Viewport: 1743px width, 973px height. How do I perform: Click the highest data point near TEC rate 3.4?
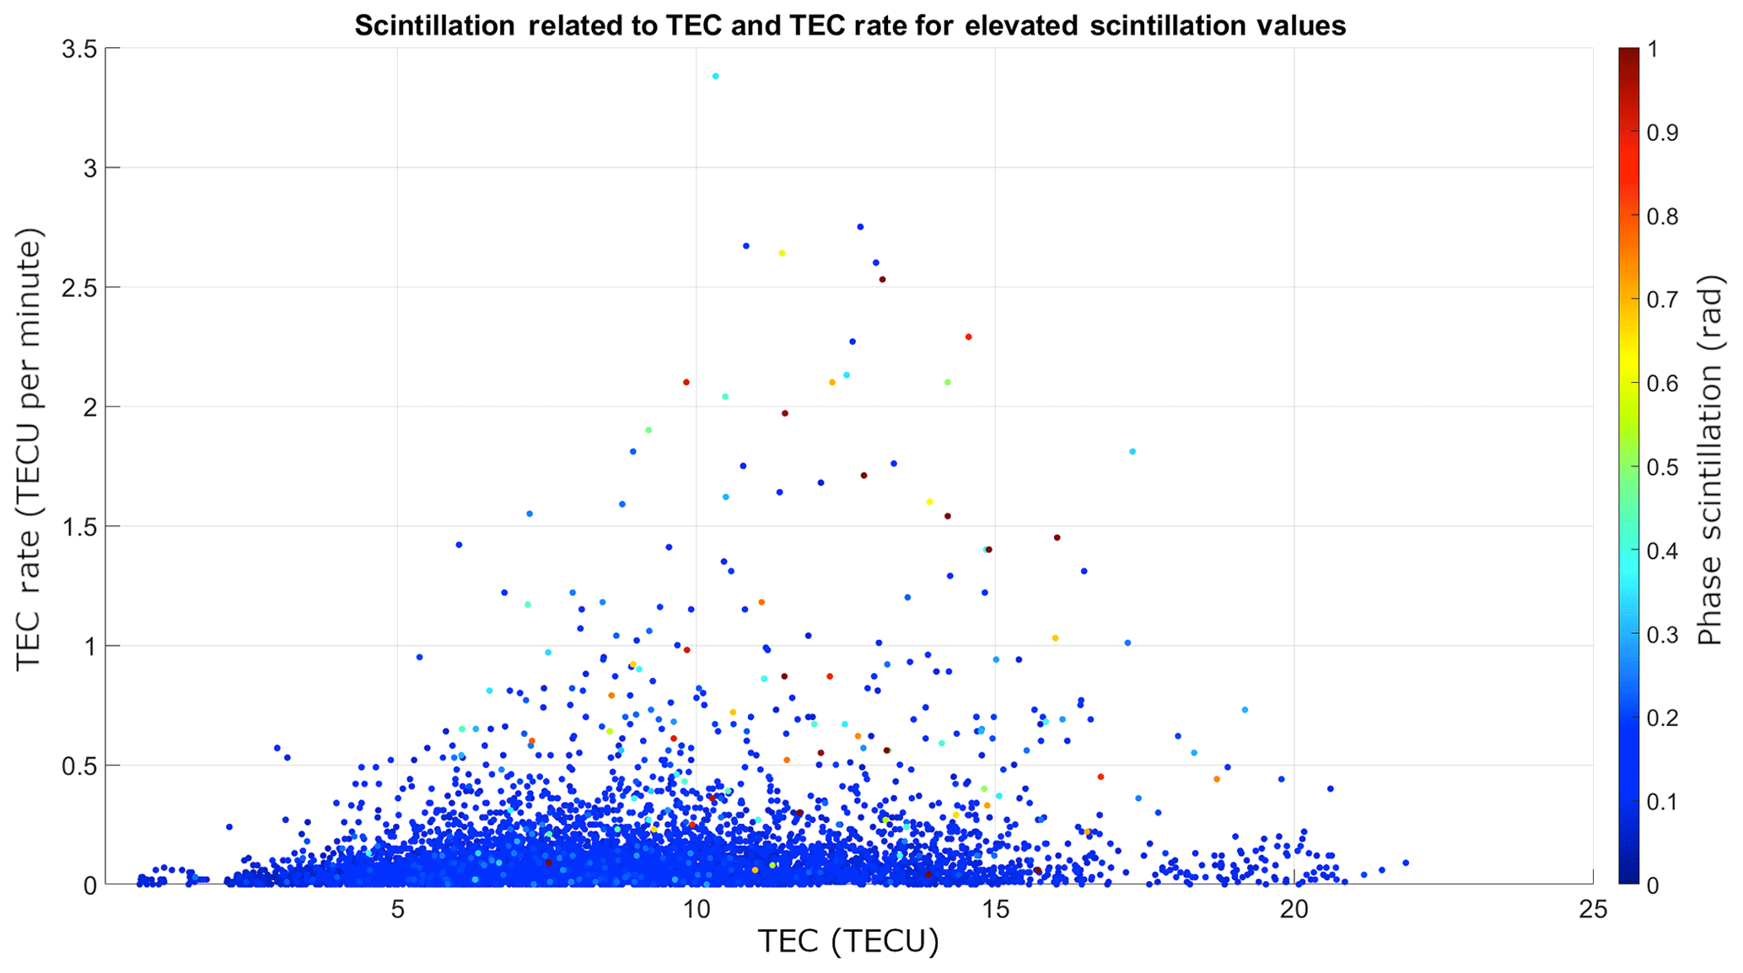pos(715,76)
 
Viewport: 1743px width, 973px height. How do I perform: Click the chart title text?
pos(849,26)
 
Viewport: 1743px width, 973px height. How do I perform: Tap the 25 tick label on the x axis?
pos(1592,910)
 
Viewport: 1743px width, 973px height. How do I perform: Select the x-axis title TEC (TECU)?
pos(848,942)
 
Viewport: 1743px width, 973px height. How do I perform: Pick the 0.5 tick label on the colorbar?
pos(1664,467)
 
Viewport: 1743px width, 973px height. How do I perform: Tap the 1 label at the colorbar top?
pos(1653,49)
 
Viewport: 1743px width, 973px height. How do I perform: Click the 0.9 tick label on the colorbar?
pos(1664,132)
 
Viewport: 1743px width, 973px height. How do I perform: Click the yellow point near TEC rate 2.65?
pos(782,253)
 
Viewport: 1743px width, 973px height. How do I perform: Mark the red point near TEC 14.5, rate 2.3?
pos(968,336)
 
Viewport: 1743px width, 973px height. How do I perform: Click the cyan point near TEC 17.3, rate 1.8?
pos(1132,452)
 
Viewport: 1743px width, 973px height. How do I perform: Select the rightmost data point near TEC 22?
pos(1406,863)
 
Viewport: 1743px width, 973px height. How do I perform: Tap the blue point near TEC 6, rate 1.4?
pos(459,545)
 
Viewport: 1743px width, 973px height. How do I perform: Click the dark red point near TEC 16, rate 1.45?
pos(1057,537)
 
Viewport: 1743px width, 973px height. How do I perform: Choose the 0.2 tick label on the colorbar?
pos(1664,718)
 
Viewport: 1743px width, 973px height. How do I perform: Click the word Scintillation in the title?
pos(434,26)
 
